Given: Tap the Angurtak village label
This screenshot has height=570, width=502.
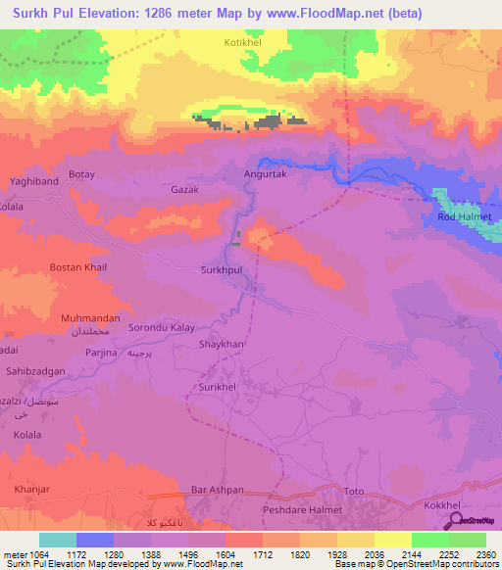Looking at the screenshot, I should pos(264,174).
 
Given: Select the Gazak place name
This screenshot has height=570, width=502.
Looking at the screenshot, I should pos(185,189).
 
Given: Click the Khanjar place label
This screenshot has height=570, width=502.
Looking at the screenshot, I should pos(30,489).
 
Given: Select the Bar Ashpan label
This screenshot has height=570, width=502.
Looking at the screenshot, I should pos(217,489).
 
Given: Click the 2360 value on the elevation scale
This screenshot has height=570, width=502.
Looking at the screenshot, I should pos(487,553).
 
